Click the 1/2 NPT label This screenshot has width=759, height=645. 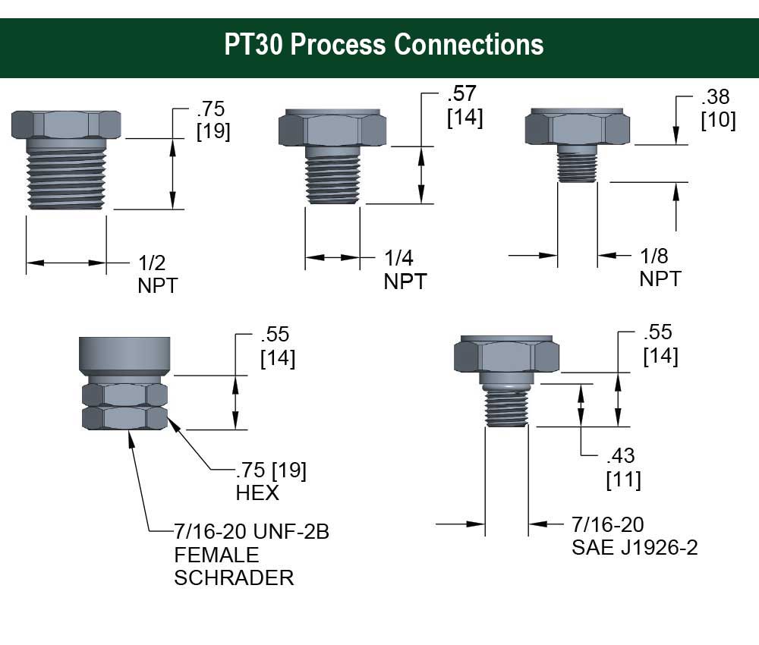click(x=158, y=275)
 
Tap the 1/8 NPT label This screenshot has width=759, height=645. click(x=660, y=267)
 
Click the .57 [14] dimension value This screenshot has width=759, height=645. click(x=465, y=106)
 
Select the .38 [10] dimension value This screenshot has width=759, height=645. click(x=717, y=109)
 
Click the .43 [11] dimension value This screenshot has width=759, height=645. click(x=622, y=467)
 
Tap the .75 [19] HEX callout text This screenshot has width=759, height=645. click(x=270, y=481)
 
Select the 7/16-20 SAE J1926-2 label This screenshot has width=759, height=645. click(x=634, y=536)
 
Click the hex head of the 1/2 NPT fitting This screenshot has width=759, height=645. click(x=66, y=124)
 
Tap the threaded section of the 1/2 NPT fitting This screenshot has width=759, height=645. click(x=67, y=175)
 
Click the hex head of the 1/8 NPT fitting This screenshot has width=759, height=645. click(x=578, y=128)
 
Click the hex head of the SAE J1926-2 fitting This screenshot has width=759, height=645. click(x=506, y=356)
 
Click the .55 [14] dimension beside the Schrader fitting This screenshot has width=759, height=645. click(x=277, y=346)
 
